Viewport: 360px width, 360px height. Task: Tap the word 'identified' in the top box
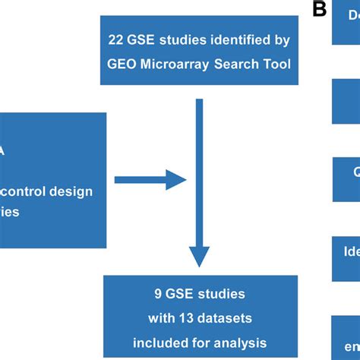tap(235, 36)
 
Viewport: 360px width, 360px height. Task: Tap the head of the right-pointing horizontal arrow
tap(176, 180)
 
